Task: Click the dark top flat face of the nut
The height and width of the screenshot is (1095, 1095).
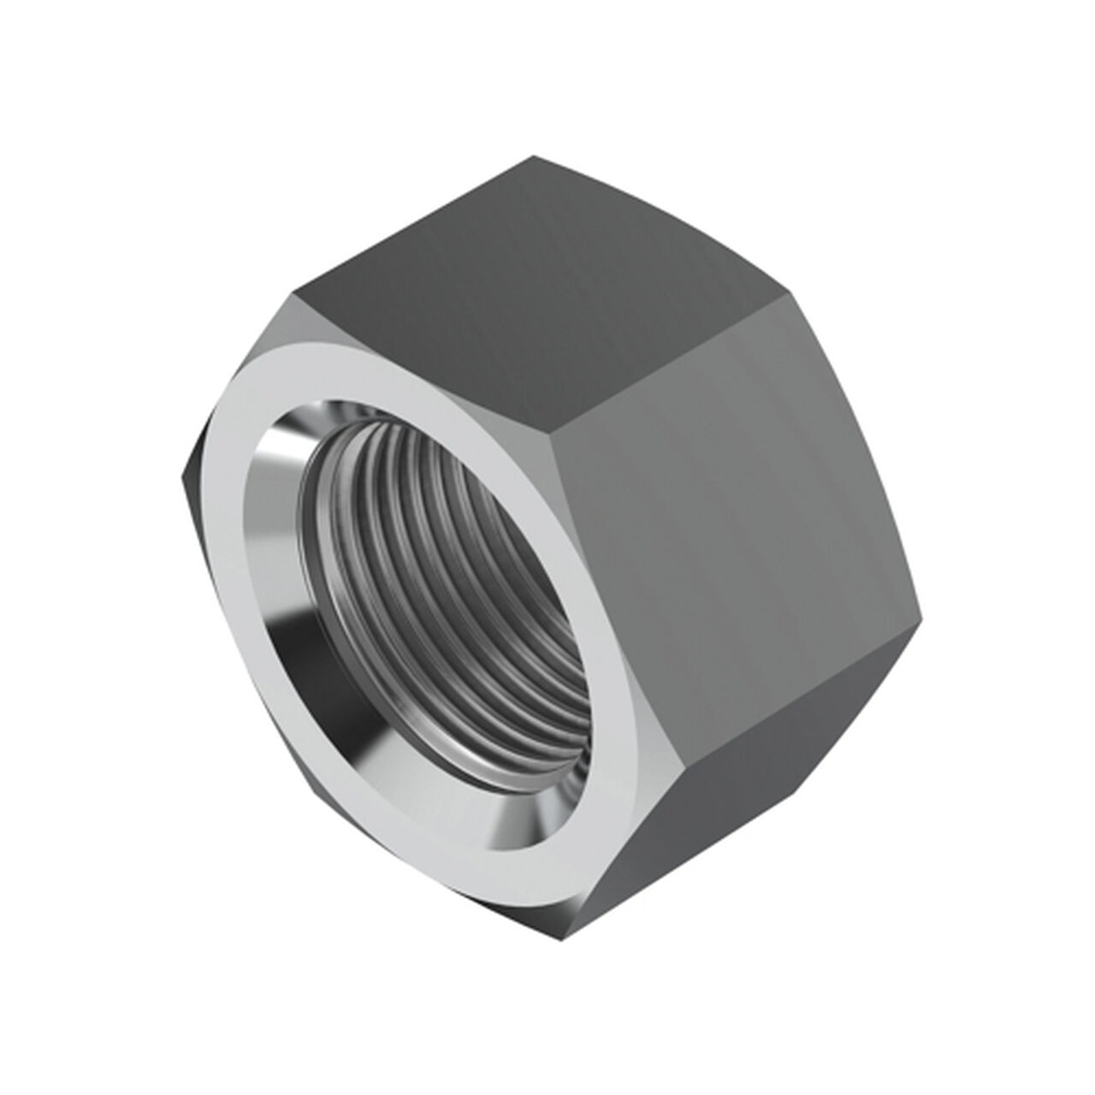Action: click(539, 282)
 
